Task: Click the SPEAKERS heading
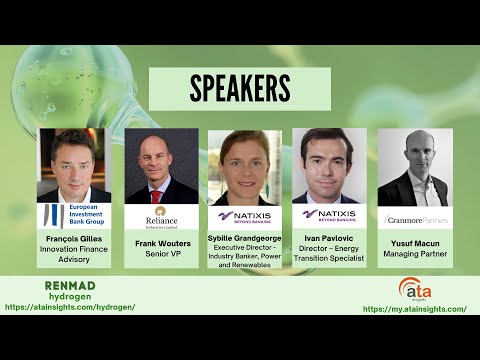(x=239, y=89)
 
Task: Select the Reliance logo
(x=157, y=217)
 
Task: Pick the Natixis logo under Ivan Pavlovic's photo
(x=329, y=214)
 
